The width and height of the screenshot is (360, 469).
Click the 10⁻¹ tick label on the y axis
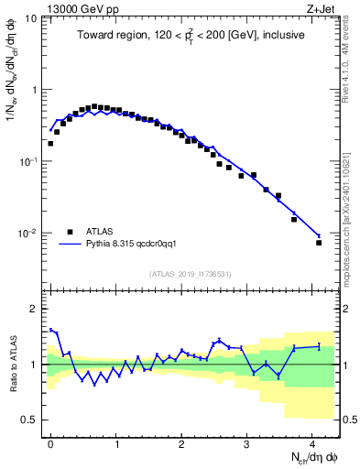30,162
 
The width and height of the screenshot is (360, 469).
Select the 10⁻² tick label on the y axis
30,234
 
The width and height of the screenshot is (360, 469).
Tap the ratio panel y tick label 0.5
31,420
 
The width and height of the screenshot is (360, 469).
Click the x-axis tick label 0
51,444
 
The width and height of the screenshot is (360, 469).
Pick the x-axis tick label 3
247,444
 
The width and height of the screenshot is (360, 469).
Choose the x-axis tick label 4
312,444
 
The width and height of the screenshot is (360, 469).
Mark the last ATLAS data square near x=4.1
319,243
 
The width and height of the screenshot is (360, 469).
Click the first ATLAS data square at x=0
50,144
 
